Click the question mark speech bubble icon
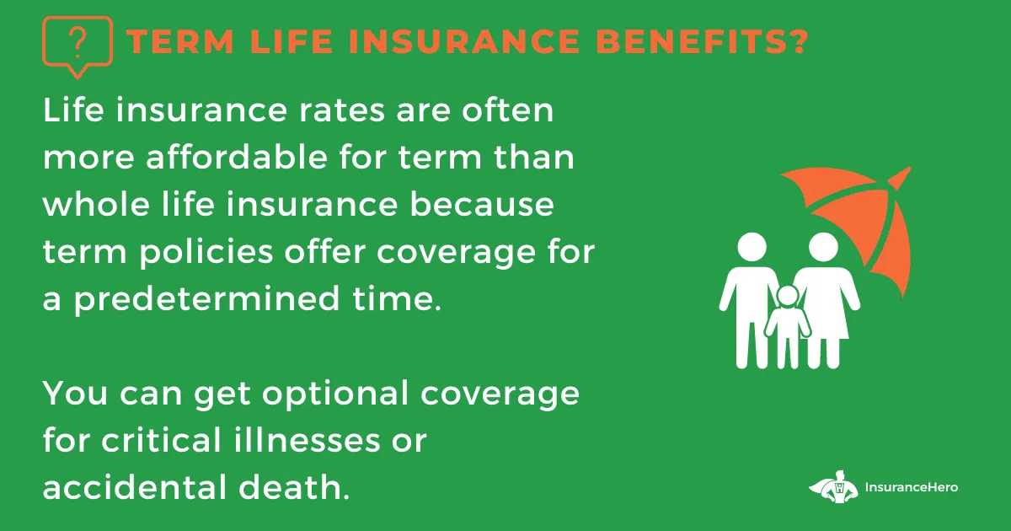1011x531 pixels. [78, 46]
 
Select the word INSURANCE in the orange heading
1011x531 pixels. [464, 41]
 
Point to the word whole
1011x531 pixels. [96, 204]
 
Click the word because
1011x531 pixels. [482, 204]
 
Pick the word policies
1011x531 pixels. [206, 251]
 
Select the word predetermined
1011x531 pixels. [206, 299]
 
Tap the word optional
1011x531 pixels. [335, 394]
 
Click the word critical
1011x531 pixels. [162, 440]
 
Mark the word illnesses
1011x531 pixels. [307, 440]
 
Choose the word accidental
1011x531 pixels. [135, 488]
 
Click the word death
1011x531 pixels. [294, 488]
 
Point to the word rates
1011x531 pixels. [342, 111]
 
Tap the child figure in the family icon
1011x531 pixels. [788, 326]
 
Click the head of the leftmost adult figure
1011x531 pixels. [752, 247]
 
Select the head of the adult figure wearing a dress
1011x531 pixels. [823, 247]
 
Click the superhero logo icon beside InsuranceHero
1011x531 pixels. [833, 487]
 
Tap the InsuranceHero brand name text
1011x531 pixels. [912, 487]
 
